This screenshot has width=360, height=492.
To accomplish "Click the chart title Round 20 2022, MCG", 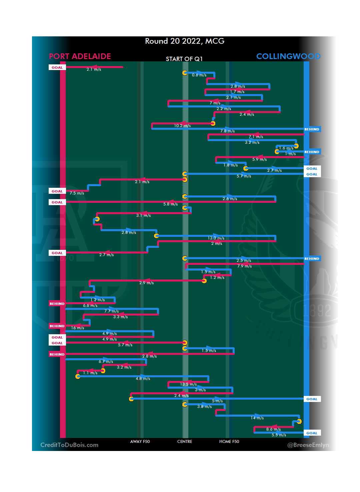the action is pyautogui.click(x=185, y=41).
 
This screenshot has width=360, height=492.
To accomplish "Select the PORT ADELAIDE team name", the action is pyautogui.click(x=80, y=56).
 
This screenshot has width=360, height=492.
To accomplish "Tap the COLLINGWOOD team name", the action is pyautogui.click(x=288, y=56).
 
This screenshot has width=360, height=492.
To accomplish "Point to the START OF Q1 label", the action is pyautogui.click(x=184, y=59).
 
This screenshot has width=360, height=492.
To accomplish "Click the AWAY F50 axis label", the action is pyautogui.click(x=140, y=442).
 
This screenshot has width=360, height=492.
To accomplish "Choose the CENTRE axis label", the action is pyautogui.click(x=185, y=442).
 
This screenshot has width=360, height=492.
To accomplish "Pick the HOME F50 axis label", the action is pyautogui.click(x=229, y=442).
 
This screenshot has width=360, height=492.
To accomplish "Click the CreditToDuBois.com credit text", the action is pyautogui.click(x=69, y=445).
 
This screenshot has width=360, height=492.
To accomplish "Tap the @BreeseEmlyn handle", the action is pyautogui.click(x=308, y=445).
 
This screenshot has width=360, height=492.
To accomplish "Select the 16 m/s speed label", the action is pyautogui.click(x=77, y=328).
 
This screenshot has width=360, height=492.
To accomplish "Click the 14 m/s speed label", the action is pyautogui.click(x=257, y=418).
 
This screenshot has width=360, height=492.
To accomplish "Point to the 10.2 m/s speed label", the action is pyautogui.click(x=182, y=126).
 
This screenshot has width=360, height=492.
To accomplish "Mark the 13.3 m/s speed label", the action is pyautogui.click(x=216, y=238).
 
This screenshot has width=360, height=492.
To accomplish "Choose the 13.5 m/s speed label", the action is pyautogui.click(x=188, y=384).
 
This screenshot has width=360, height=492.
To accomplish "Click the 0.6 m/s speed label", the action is pyautogui.click(x=199, y=75).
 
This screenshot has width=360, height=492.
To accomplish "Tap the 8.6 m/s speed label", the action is pyautogui.click(x=273, y=429).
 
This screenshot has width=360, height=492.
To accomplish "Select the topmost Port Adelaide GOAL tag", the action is pyautogui.click(x=57, y=67).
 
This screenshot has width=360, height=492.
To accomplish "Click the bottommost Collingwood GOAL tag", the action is pyautogui.click(x=312, y=433).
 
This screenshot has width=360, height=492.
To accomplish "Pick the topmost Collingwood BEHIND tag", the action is pyautogui.click(x=312, y=129).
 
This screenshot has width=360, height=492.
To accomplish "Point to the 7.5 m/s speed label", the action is pyautogui.click(x=77, y=193).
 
